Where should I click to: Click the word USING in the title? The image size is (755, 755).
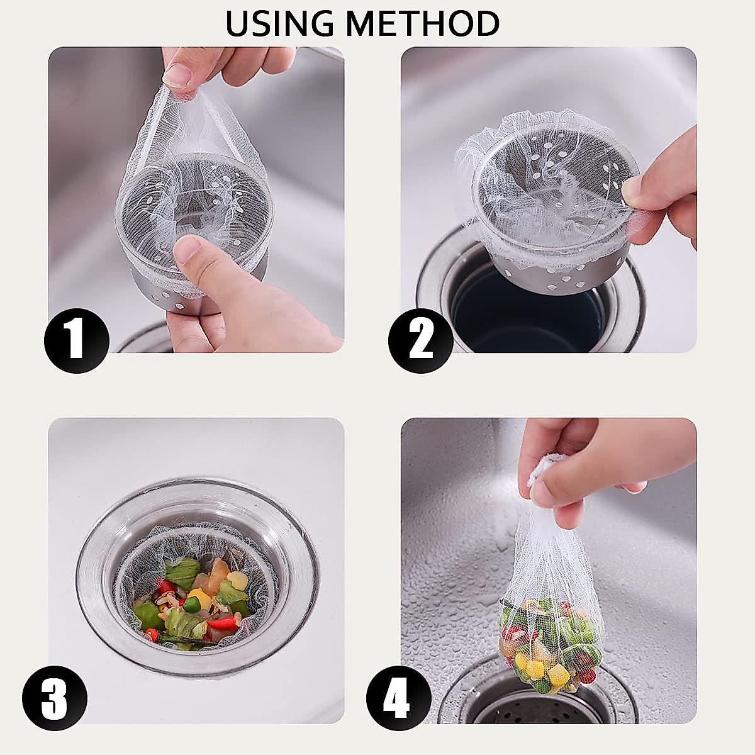pyautogui.click(x=280, y=24)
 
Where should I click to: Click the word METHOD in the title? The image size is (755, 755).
pyautogui.click(x=423, y=24)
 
